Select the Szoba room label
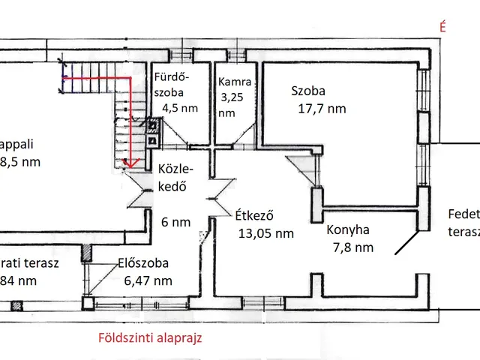pos(308,91)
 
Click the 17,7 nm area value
pos(322,109)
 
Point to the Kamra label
pos(234,82)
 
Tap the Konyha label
pos(348,230)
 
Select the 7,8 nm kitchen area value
pos(352,247)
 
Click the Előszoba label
pos(142,264)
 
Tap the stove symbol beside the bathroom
pos(153,132)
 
